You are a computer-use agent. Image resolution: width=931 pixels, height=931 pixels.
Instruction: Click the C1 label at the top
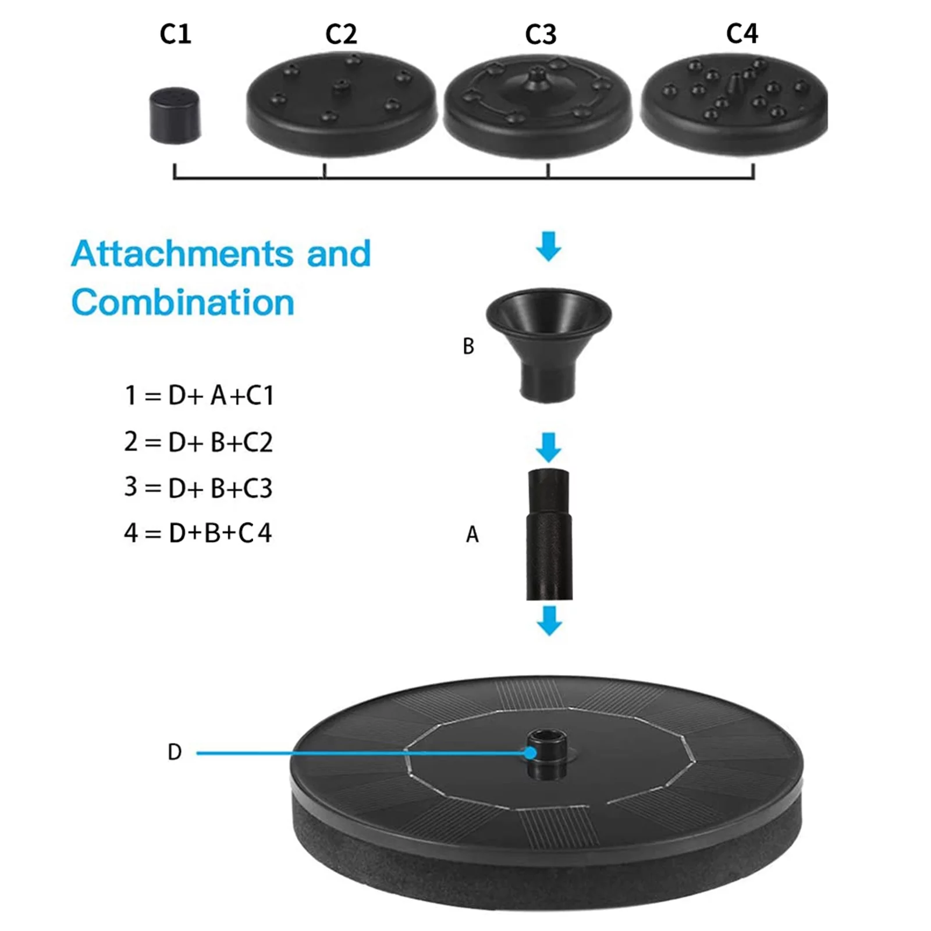tap(175, 34)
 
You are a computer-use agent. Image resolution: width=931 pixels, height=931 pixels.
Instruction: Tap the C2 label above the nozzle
tap(341, 34)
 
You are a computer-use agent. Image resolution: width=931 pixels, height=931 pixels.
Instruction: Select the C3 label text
tap(541, 34)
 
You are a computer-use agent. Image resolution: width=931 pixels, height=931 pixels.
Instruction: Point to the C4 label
tap(742, 33)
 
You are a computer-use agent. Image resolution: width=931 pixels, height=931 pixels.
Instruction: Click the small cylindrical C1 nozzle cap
tap(175, 115)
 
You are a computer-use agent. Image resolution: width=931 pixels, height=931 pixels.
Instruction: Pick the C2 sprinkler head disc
tap(341, 104)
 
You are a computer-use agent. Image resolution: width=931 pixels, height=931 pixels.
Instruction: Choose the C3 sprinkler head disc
tap(538, 106)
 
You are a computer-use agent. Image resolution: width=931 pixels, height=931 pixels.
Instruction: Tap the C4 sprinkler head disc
tap(734, 104)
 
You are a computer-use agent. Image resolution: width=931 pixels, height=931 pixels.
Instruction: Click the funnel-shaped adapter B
tap(548, 345)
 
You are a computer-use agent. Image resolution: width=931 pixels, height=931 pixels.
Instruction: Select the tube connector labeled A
tap(549, 534)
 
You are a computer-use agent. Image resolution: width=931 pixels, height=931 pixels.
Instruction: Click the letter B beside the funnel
tap(468, 346)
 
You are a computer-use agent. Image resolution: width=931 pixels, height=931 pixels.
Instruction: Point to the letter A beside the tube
tap(472, 534)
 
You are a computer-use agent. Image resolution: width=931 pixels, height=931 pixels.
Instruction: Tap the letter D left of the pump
tap(175, 752)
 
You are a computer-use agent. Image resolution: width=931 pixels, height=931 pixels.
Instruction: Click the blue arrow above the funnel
tap(549, 246)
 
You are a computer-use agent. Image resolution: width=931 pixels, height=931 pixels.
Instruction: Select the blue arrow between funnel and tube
tap(549, 447)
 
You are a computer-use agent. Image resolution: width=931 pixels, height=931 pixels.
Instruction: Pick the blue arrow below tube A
tap(549, 620)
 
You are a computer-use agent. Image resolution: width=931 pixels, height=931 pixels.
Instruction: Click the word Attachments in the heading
tap(183, 254)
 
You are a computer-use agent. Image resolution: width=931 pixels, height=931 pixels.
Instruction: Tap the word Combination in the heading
tap(183, 303)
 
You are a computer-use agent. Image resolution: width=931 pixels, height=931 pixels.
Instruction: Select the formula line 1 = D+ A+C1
tap(199, 395)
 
